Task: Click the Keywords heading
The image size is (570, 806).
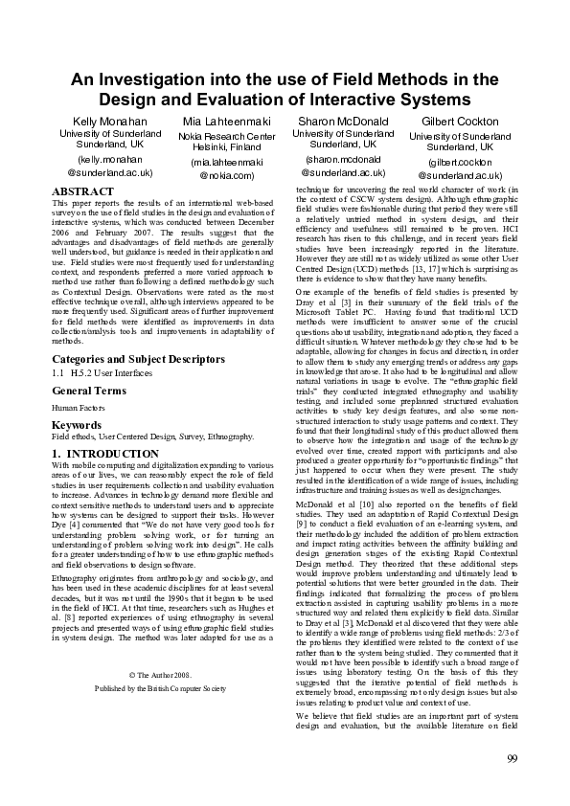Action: (x=77, y=424)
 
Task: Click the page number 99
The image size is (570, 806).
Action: (x=513, y=787)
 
